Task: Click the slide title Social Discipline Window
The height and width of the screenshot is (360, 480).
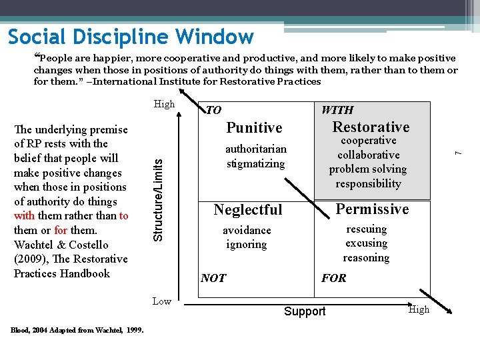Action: click(131, 37)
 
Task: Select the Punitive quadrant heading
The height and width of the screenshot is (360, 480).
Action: click(255, 128)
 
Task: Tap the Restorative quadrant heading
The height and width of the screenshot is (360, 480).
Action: click(371, 127)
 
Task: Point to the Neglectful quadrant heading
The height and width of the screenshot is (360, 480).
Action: click(248, 210)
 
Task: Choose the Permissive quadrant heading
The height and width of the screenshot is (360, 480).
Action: click(372, 209)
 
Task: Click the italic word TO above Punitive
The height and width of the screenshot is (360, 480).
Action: click(213, 111)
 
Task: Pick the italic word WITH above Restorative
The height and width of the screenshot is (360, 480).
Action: click(337, 110)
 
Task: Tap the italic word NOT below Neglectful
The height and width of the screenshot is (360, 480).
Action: click(213, 278)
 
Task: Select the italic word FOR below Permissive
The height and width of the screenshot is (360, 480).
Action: click(333, 278)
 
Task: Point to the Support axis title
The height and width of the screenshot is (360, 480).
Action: click(305, 311)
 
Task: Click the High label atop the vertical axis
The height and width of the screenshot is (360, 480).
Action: click(164, 104)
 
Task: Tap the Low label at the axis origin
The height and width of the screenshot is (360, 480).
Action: click(162, 301)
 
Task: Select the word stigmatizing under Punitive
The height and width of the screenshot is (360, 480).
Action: click(255, 163)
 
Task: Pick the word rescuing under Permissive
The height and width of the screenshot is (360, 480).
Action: click(366, 229)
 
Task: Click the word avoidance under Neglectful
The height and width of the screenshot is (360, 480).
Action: click(247, 230)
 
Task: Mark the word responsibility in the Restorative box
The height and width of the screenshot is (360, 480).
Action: click(369, 183)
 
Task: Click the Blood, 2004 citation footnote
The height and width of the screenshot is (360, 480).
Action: click(77, 329)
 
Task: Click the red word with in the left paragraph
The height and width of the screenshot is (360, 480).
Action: click(24, 216)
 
